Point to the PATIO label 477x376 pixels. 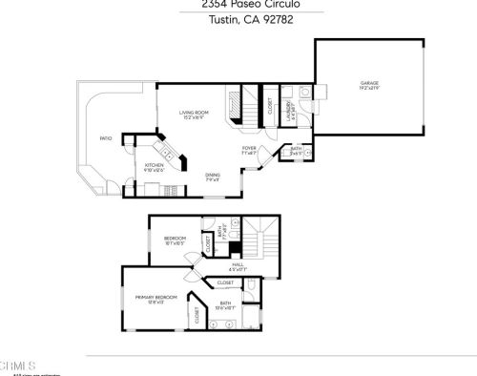(106, 138)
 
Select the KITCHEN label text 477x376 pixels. (155, 166)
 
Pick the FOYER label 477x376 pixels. (249, 149)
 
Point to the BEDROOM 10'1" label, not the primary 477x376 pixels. (175, 239)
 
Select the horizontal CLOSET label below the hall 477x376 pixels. (226, 282)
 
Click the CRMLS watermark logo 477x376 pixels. (18, 366)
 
